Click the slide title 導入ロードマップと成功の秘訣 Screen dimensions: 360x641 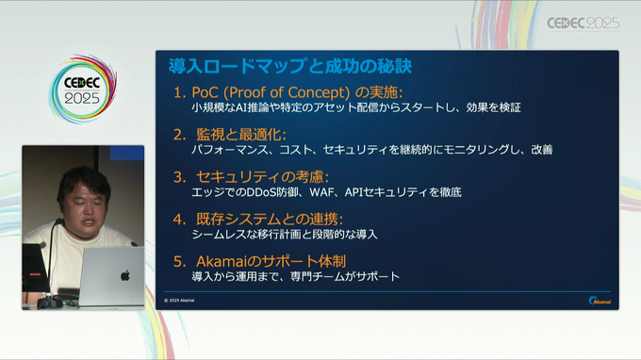tap(289, 67)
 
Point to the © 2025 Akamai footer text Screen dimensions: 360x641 tap(180, 301)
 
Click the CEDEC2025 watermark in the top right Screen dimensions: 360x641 tap(583, 22)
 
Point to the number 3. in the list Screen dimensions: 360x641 tap(180, 176)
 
